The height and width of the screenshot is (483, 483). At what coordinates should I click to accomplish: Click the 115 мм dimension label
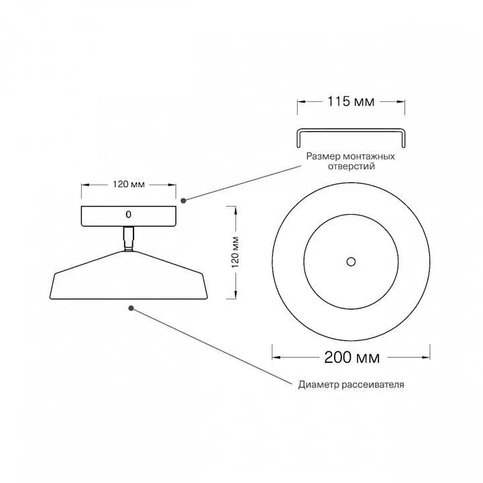[x=351, y=101]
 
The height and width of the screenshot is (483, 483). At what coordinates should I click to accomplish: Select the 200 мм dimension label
[x=352, y=358]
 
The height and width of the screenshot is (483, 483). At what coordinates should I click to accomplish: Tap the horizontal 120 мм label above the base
[x=128, y=184]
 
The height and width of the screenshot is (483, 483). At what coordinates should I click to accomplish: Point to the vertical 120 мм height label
[x=235, y=252]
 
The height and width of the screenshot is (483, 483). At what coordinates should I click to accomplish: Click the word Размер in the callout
[x=323, y=156]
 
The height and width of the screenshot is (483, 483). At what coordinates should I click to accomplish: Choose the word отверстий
[x=351, y=166]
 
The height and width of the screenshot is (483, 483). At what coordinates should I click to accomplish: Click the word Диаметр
[x=319, y=384]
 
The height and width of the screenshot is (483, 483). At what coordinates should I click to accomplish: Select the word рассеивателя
[x=373, y=385]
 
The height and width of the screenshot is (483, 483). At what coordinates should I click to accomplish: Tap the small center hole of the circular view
[x=351, y=262]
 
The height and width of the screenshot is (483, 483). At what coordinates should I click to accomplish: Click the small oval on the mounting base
[x=128, y=215]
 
